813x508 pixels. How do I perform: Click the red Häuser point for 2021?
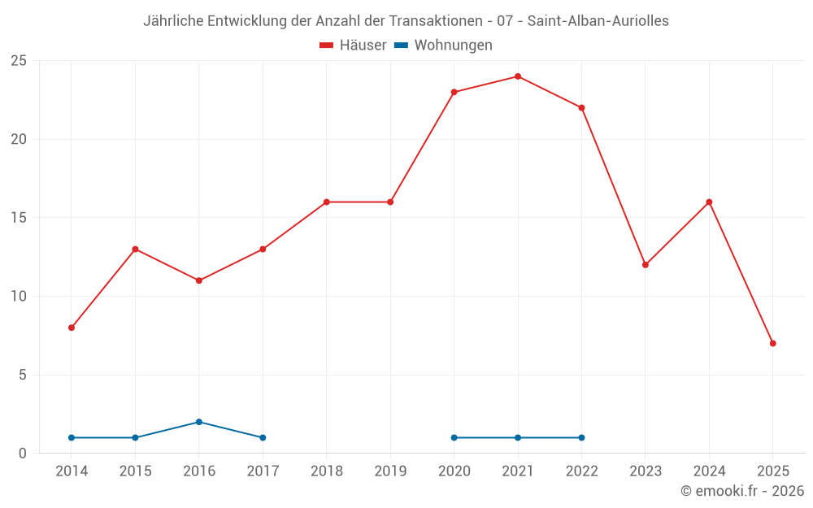point(518,76)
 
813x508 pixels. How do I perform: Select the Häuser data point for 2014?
point(72,328)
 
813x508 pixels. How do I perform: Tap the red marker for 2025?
point(772,343)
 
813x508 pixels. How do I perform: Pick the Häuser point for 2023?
point(646,265)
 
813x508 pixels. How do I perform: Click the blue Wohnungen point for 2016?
point(199,422)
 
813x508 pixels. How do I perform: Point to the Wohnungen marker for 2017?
point(263,437)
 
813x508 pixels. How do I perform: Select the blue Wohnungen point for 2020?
point(454,437)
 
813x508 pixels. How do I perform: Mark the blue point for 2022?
point(581,437)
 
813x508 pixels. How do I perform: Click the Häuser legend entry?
point(353,46)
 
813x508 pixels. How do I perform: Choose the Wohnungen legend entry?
point(444,46)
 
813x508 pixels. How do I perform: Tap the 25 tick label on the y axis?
point(19,61)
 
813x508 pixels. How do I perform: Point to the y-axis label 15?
point(19,218)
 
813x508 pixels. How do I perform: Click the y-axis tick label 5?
point(23,375)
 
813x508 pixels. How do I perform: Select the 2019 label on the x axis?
point(390,471)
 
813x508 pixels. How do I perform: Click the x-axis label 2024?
point(709,471)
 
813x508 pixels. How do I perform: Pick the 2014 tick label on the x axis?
point(72,471)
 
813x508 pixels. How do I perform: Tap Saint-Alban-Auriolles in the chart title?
point(598,21)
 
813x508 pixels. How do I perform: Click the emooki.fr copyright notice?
point(742,491)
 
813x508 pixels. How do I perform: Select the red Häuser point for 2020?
point(454,92)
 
